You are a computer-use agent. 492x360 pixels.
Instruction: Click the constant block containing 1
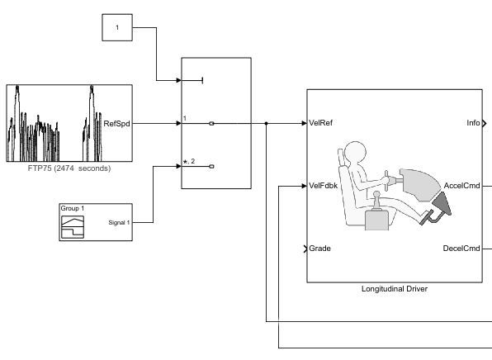tap(117, 27)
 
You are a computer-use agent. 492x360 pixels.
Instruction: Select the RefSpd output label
tap(115, 124)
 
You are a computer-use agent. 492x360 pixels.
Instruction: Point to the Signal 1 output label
tap(119, 222)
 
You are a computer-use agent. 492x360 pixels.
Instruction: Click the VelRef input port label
tap(320, 124)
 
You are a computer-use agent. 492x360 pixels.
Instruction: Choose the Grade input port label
tap(319, 248)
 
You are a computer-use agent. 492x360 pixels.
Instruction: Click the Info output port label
tap(473, 124)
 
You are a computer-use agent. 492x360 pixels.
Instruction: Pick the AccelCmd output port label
tap(461, 186)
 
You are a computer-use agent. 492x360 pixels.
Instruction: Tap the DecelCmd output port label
tap(461, 248)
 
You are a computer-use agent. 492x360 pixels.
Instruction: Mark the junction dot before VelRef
tap(266, 124)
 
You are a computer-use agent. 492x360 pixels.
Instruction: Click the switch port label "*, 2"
tap(188, 162)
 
